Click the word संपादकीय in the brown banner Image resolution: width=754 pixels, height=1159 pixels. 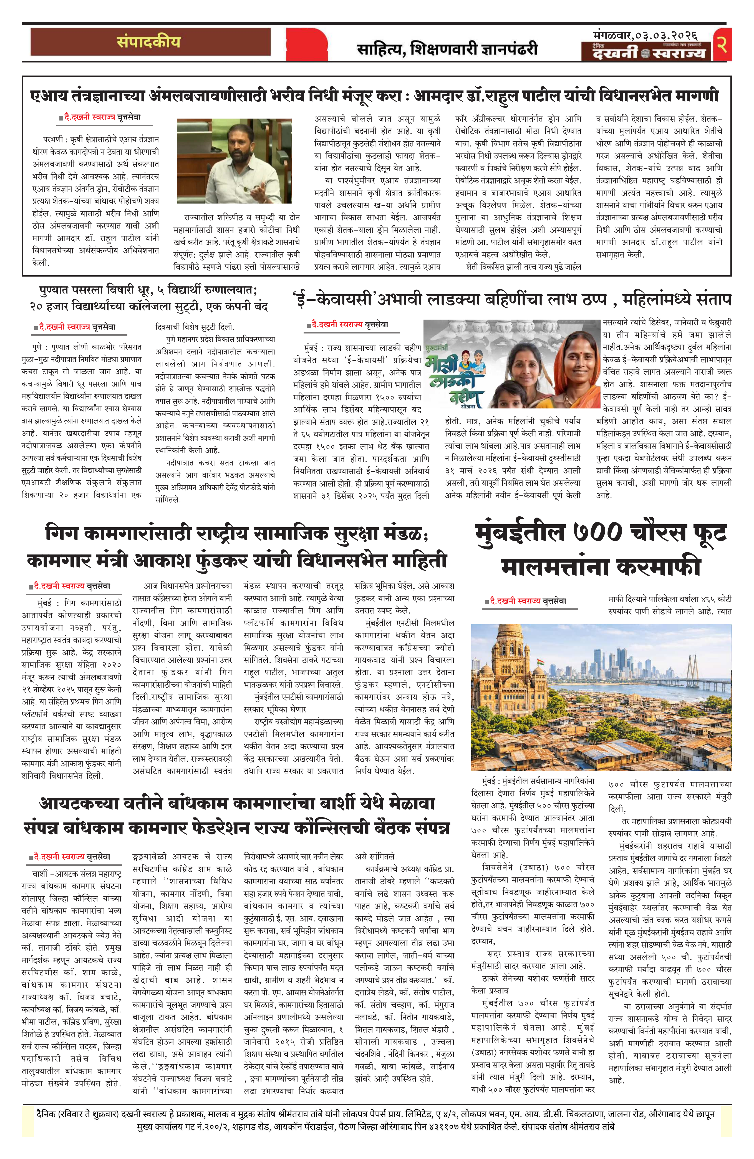click(x=148, y=42)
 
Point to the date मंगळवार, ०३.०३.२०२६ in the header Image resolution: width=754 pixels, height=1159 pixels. click(x=645, y=36)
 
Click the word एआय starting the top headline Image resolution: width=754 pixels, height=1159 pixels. click(x=48, y=96)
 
